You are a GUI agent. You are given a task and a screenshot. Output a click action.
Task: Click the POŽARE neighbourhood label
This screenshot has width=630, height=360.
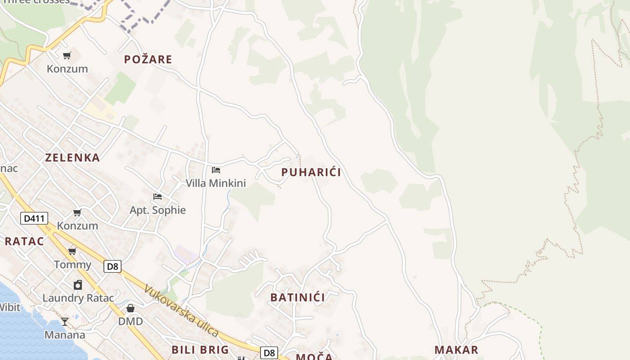click(x=148, y=59)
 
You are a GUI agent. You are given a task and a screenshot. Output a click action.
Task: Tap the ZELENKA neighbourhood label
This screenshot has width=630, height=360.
click(x=72, y=157)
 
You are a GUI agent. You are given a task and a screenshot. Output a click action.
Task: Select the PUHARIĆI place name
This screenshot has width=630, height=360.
click(x=311, y=172)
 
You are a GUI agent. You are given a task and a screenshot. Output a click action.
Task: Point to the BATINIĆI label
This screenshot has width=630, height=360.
click(x=297, y=297)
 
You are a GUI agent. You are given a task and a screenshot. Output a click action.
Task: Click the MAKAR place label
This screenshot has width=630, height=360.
click(x=456, y=350)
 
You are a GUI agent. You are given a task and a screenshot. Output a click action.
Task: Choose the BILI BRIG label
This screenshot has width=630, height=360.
click(x=200, y=350)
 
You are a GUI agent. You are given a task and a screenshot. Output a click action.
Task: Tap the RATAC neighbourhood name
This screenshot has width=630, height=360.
click(x=24, y=241)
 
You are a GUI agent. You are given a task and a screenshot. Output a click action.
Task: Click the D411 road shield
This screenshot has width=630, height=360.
click(x=34, y=219)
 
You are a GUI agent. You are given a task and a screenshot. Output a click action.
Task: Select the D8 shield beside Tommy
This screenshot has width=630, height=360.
click(x=112, y=266)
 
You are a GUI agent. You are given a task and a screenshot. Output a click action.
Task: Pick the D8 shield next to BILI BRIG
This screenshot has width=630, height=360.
click(x=269, y=353)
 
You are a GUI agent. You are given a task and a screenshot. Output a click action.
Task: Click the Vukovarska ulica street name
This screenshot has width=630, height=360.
click(x=182, y=311)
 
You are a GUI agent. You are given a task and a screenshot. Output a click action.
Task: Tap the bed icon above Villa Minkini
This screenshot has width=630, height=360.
click(x=216, y=170)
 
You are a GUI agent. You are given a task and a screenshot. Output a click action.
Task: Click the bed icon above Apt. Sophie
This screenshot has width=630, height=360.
click(x=157, y=197)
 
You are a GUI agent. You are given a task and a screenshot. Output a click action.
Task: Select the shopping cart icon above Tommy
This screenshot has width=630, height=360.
click(x=72, y=251)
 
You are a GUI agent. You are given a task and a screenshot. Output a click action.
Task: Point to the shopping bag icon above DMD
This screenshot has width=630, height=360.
click(x=130, y=308)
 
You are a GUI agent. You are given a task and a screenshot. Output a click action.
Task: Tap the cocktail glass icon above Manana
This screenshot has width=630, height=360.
click(x=65, y=321)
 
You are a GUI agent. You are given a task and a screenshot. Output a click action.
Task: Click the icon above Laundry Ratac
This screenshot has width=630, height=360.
click(x=78, y=285)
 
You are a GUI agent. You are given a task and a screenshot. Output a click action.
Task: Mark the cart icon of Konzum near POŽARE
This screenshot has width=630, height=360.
click(x=67, y=56)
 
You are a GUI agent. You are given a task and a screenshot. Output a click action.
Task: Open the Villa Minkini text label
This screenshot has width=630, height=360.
click(x=216, y=183)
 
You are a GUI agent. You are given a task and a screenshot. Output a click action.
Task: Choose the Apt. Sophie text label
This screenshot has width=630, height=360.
click(x=157, y=210)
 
